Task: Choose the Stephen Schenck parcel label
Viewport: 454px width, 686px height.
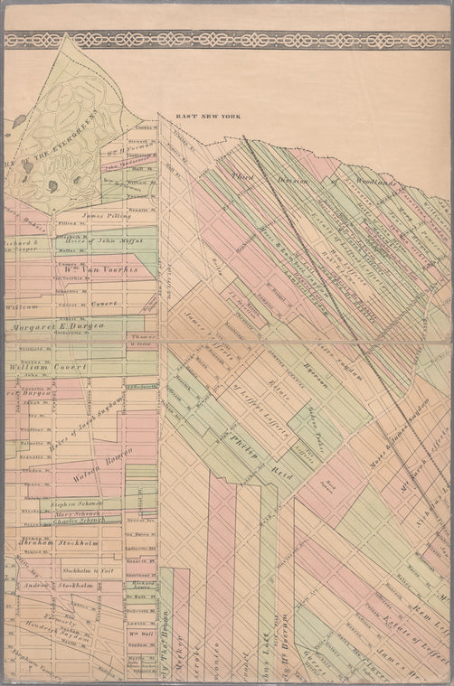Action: coord(75,504)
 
